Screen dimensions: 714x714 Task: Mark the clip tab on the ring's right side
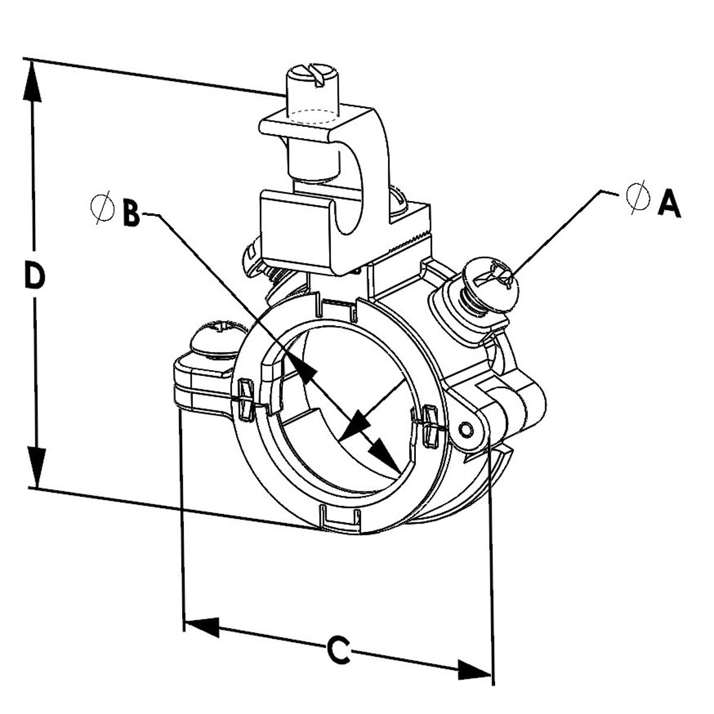coord(430,424)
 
